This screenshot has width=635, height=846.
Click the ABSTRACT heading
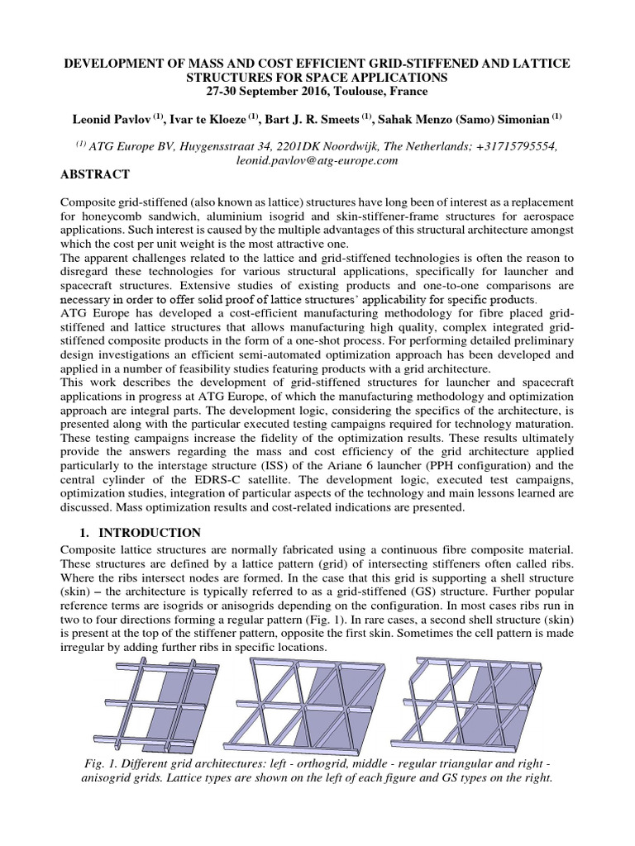click(96, 174)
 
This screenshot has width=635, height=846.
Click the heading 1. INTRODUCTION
click(141, 533)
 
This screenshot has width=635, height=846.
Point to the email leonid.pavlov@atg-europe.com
click(318, 160)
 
